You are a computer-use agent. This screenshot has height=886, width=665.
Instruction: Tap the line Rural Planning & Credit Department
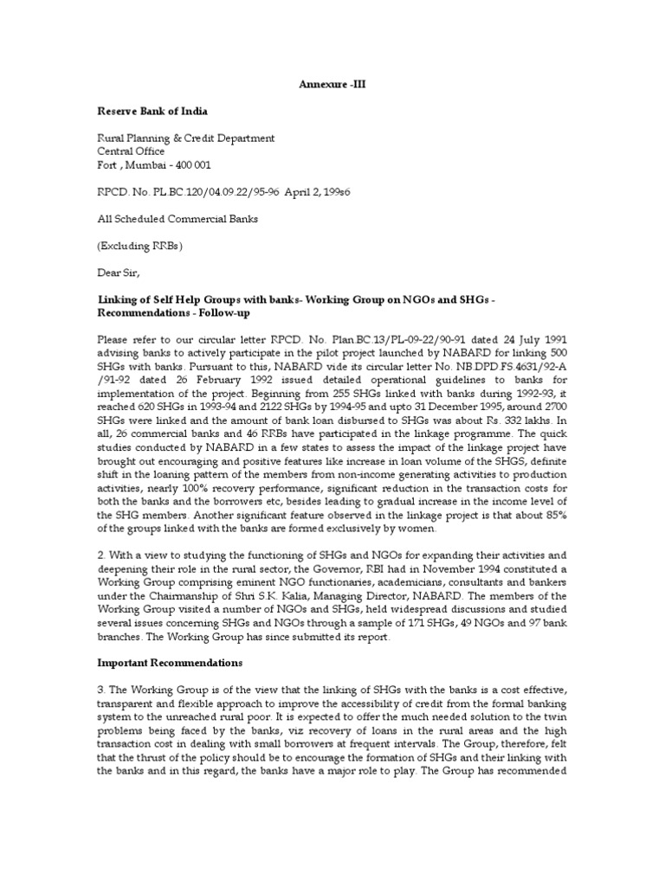point(185,138)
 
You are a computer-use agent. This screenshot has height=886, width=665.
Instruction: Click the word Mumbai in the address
point(148,165)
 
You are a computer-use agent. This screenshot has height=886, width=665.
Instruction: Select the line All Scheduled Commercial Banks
point(177,219)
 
